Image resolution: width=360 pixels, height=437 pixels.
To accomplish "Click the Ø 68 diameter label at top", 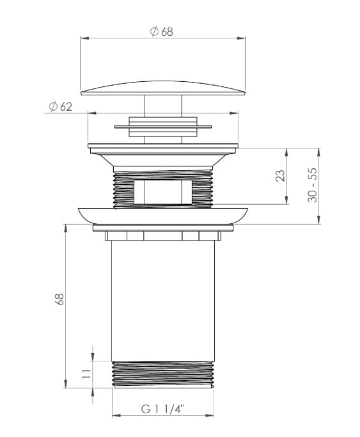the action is click(162, 31).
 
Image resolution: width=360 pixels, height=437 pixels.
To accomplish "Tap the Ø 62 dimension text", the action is click(60, 106).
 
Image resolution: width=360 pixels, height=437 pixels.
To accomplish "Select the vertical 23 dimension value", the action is click(281, 176).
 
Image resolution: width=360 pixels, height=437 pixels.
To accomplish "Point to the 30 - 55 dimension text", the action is click(313, 185).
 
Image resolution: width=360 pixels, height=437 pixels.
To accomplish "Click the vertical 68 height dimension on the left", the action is click(59, 299).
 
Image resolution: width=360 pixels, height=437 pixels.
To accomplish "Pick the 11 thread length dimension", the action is click(86, 374).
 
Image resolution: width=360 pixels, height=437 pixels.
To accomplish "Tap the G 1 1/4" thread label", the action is click(163, 409).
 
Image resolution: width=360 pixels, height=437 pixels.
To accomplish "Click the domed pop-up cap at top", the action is click(163, 88).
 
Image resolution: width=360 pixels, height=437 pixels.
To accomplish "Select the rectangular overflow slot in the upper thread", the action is click(163, 193).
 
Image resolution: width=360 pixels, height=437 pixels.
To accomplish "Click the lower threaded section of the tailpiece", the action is click(163, 374).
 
